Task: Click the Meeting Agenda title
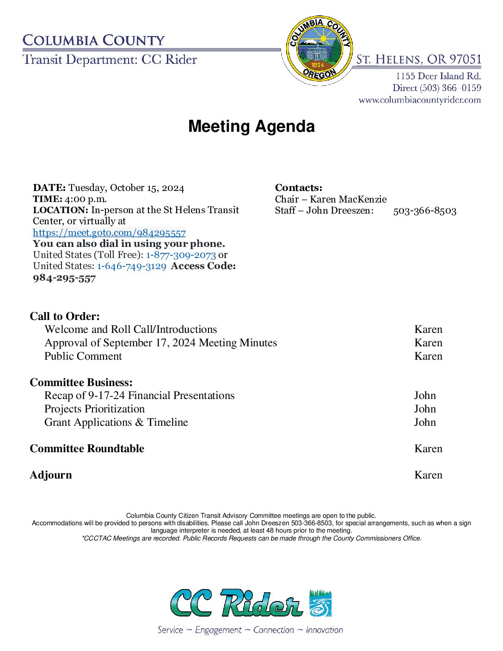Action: (251, 126)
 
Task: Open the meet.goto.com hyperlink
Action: (109, 233)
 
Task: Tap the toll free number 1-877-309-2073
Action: (181, 255)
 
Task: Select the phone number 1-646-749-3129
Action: (131, 266)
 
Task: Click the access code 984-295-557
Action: (64, 278)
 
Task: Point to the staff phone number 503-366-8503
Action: (424, 211)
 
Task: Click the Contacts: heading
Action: (299, 188)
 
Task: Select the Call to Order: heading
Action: (65, 316)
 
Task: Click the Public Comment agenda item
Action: (83, 356)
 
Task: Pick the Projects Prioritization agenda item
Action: (94, 409)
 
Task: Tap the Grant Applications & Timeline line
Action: (116, 422)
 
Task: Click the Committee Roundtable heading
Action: (87, 448)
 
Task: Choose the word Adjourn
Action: (51, 475)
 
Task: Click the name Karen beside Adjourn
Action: (428, 475)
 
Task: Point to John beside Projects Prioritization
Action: (425, 409)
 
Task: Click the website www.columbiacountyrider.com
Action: (420, 100)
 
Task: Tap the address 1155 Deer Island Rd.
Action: (438, 76)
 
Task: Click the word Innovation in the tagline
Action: (324, 630)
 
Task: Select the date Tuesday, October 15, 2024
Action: (126, 188)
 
